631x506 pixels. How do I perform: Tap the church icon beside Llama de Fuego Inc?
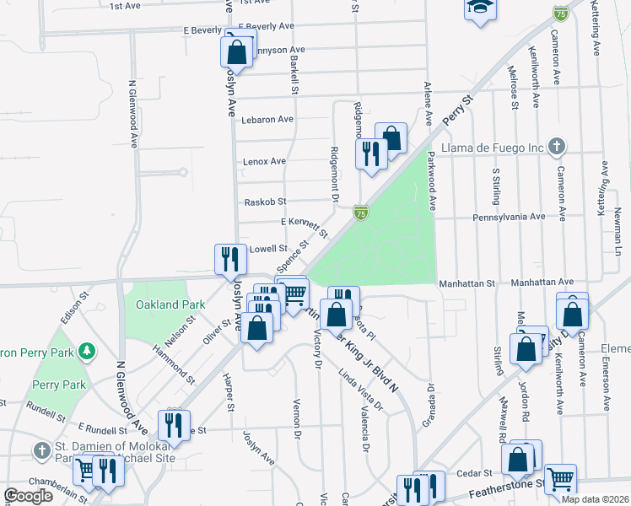[x=556, y=148]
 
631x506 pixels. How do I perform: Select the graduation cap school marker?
[x=480, y=9]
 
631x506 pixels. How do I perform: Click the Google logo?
[x=28, y=496]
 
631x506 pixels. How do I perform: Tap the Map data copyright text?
[x=595, y=499]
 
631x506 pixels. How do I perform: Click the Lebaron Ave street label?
[x=267, y=120]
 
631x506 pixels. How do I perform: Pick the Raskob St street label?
[x=265, y=202]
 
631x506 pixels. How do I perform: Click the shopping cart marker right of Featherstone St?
[x=560, y=479]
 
